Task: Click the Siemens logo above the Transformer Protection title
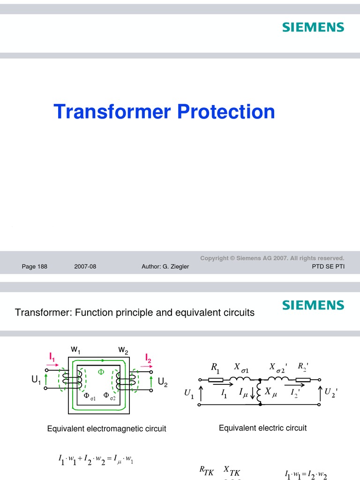(313, 27)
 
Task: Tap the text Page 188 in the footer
(35, 267)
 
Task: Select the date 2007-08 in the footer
(85, 267)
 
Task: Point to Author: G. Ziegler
(165, 267)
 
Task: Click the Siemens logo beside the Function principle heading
(313, 306)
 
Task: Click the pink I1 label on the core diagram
(52, 357)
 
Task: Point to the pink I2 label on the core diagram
(148, 359)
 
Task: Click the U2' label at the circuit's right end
(330, 392)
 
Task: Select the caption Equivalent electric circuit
(262, 427)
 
